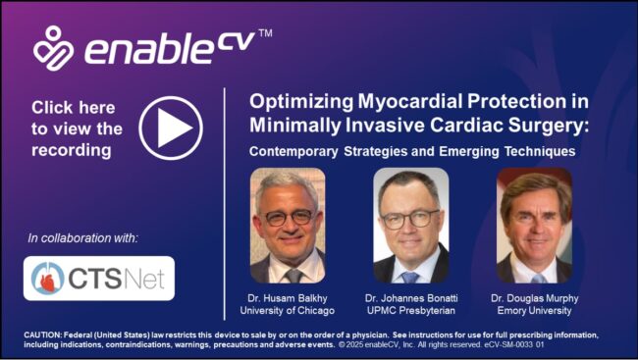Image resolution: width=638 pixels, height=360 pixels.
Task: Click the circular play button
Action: tap(171, 129)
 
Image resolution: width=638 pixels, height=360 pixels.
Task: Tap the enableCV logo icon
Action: tap(53, 48)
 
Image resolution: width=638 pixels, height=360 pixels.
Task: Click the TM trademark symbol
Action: tap(265, 33)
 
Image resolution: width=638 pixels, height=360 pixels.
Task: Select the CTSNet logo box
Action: tap(99, 279)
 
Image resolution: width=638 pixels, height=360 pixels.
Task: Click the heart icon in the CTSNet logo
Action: tap(48, 279)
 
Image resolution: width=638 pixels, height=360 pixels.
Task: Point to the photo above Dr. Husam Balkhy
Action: tap(288, 226)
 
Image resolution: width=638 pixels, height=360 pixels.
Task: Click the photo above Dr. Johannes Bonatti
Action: tap(411, 226)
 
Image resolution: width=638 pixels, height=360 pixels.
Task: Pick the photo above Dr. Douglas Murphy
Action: tap(535, 226)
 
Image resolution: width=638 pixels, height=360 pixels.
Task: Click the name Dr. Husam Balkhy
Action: tap(288, 298)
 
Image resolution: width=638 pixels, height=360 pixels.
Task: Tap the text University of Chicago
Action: tap(288, 311)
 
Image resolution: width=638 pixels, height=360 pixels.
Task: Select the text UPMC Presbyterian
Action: tap(411, 311)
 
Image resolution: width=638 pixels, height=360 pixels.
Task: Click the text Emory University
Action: tap(534, 311)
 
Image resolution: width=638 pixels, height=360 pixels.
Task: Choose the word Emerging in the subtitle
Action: tap(469, 151)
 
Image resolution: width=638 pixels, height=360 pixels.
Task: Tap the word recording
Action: tap(72, 150)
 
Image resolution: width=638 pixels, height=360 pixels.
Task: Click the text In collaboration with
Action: tap(83, 238)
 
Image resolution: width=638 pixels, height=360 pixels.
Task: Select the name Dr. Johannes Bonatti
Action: tap(411, 298)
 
